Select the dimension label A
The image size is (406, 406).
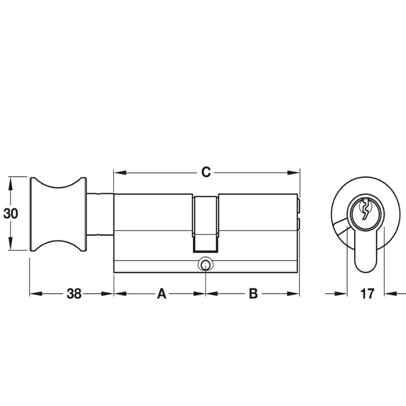tap(161, 294)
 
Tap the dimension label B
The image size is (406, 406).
tap(253, 294)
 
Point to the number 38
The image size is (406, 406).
tap(74, 294)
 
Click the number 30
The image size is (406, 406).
tap(11, 214)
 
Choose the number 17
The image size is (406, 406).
tap(367, 294)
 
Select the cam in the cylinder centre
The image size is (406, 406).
tap(206, 223)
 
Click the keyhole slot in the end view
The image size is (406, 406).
tap(364, 210)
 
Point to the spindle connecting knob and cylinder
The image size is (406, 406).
tap(100, 214)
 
